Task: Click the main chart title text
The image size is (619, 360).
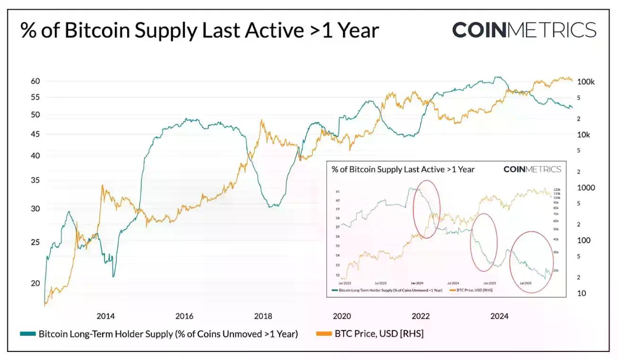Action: point(199,30)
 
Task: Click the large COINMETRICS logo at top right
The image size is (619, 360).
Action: point(524,30)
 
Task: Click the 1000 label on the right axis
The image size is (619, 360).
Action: point(586,188)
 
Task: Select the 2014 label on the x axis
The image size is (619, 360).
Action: point(105,317)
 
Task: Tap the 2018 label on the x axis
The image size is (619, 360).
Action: point(263,317)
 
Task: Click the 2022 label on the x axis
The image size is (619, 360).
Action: point(421,317)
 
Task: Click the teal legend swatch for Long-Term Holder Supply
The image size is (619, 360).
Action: point(27,334)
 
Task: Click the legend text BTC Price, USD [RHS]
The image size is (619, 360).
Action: point(379,334)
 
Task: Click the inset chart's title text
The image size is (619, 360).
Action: point(403,169)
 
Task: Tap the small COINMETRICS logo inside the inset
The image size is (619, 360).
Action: point(532,169)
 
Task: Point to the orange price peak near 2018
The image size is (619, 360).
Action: point(262,120)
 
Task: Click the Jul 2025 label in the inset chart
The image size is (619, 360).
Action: point(526,283)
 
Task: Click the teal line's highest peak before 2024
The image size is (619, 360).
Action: point(496,77)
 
